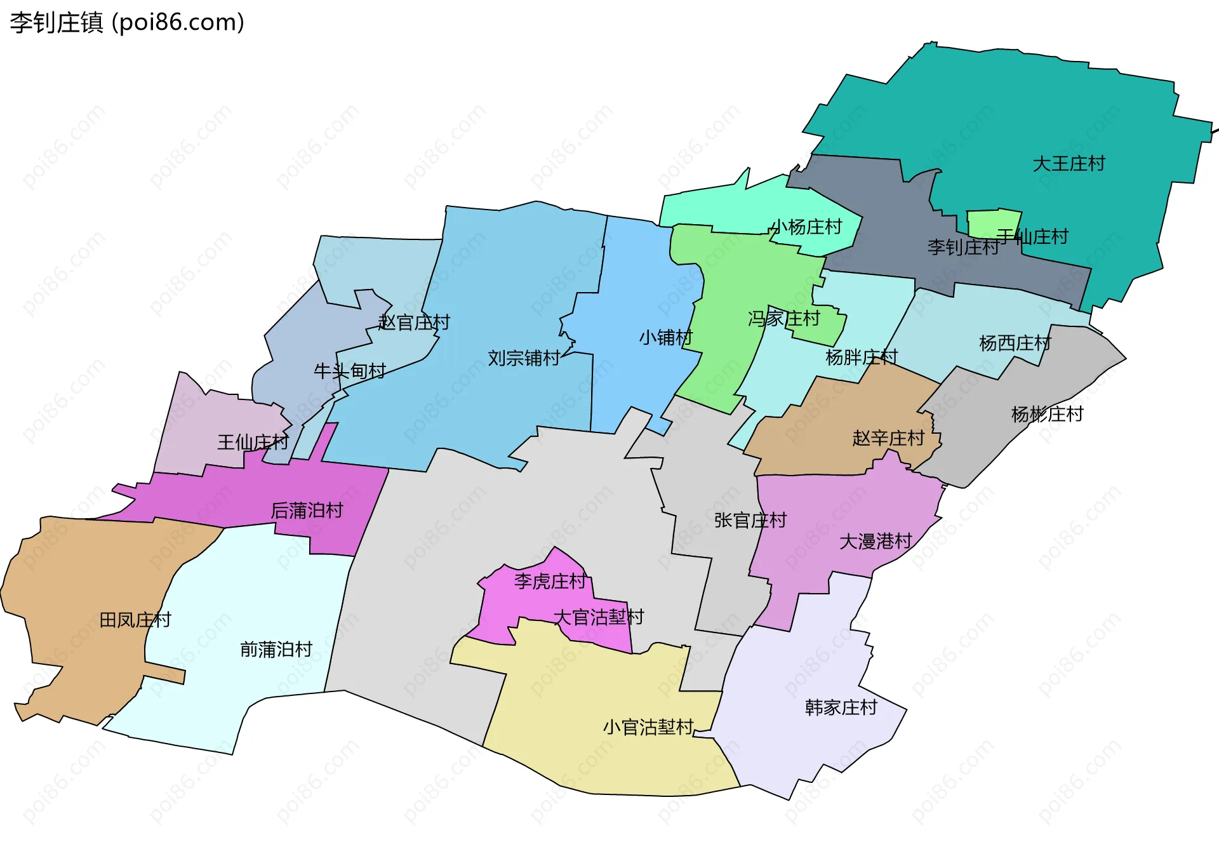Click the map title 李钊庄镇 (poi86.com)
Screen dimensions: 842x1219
127,23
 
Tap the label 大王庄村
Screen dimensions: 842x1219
1069,164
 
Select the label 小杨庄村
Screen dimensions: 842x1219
806,227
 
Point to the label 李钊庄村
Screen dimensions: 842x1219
963,247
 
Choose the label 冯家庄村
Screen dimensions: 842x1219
783,318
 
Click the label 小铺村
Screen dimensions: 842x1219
665,337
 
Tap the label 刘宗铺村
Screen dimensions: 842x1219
523,358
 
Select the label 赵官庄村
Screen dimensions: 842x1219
413,323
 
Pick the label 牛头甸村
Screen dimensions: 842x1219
350,371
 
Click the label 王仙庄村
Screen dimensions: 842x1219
253,442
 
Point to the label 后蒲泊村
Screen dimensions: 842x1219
307,510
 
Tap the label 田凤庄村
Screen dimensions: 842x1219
135,620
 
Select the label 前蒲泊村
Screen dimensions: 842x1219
276,649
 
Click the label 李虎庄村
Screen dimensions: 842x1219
550,581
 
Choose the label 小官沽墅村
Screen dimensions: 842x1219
648,727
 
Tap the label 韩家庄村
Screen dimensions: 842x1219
841,707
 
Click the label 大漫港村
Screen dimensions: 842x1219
876,541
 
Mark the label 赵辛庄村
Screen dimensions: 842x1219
888,438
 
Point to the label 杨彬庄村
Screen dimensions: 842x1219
1047,414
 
